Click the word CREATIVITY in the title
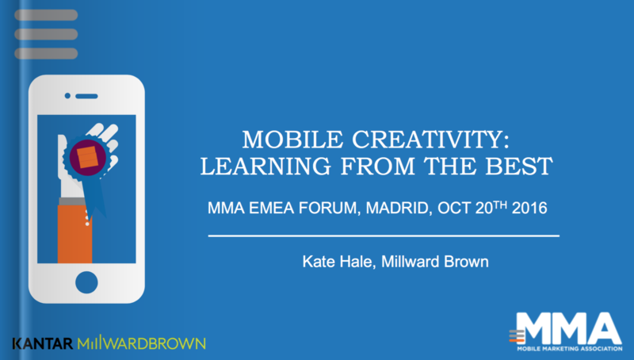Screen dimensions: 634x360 tap(430, 140)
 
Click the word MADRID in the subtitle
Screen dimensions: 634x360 tap(395, 209)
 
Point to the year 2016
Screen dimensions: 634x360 tap(529, 208)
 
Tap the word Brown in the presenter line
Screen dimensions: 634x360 tap(466, 262)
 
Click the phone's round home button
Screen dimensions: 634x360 tap(86, 282)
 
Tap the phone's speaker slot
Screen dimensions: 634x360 tap(86, 96)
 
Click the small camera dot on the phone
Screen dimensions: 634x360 tap(67, 96)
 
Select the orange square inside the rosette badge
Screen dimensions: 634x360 tap(88, 157)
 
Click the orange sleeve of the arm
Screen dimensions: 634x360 tap(74, 234)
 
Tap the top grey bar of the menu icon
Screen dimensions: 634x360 tap(46, 15)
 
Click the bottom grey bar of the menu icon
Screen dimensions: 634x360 tap(46, 53)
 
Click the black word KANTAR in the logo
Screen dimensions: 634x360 tap(43, 344)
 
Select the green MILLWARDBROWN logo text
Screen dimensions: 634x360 tap(142, 343)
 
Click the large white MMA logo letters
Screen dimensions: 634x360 tap(570, 328)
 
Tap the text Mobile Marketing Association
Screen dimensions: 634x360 tap(570, 349)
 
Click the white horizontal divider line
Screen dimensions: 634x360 tap(384, 236)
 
